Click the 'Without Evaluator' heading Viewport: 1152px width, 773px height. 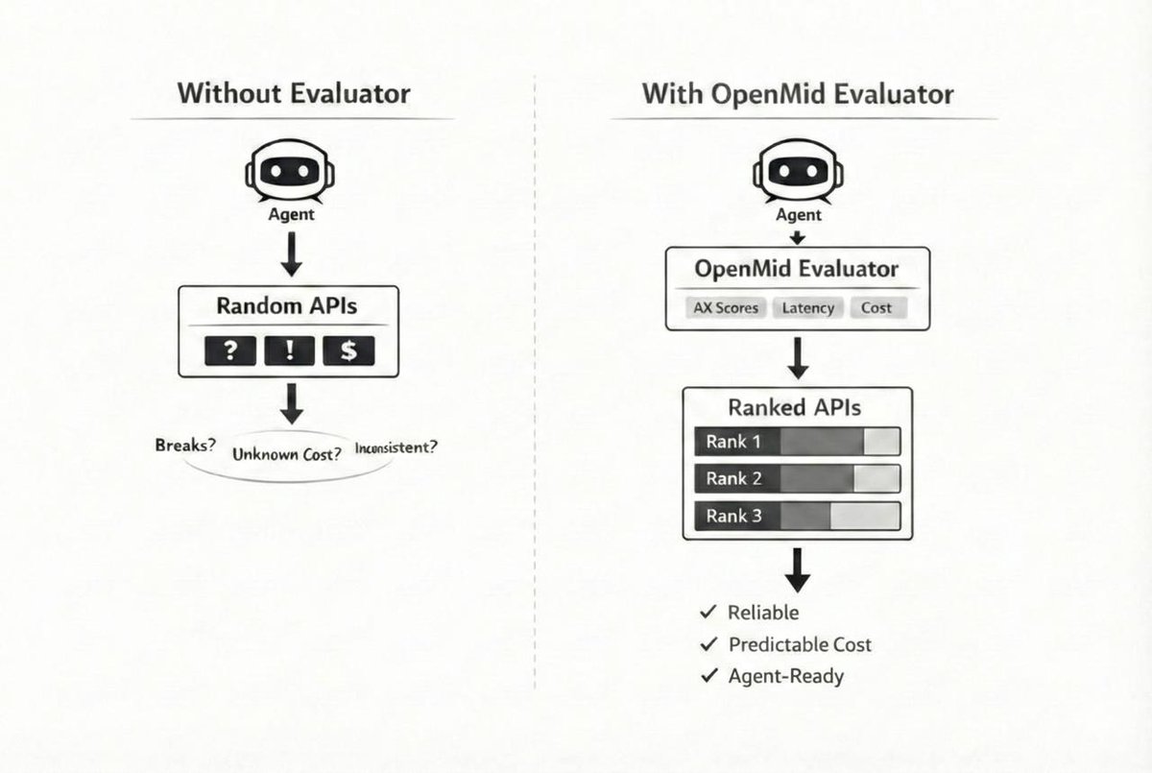pos(294,94)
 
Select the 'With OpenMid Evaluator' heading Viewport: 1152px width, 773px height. pos(798,94)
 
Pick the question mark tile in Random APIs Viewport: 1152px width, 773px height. pos(229,351)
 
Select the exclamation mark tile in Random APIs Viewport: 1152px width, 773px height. pos(290,351)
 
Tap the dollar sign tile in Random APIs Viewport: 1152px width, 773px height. pos(348,351)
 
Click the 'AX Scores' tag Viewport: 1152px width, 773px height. pos(726,308)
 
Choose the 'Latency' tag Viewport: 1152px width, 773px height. pos(808,308)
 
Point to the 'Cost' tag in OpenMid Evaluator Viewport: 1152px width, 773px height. pos(876,308)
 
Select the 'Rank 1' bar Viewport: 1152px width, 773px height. pos(797,442)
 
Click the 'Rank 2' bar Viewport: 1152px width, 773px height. pos(797,478)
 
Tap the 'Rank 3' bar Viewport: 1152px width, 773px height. pos(797,516)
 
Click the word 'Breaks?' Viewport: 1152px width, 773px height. pos(185,447)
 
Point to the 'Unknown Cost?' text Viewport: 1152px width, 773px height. pos(287,454)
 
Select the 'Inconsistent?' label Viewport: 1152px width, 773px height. pos(396,447)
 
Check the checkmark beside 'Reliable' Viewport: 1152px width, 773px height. pos(709,612)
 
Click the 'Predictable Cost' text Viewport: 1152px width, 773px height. pos(800,644)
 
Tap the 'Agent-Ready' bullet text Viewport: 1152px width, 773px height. pos(786,676)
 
